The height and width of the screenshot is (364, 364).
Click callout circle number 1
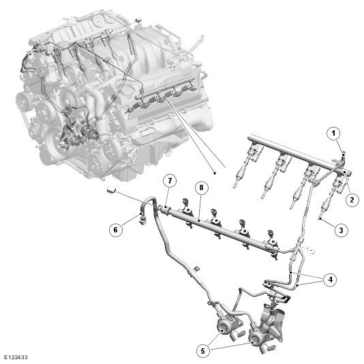click(333, 134)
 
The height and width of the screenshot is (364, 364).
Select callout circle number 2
click(352, 200)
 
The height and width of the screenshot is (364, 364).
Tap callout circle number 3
click(341, 230)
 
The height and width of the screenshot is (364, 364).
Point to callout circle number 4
click(331, 279)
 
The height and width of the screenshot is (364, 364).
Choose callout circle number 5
click(203, 351)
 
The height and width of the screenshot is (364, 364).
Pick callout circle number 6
click(116, 230)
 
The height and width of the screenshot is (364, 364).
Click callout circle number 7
click(170, 181)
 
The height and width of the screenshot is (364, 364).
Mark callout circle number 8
click(201, 187)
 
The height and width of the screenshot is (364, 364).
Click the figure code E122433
click(16, 357)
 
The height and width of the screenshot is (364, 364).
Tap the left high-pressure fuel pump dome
click(224, 327)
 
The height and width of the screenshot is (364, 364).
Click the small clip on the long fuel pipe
click(196, 268)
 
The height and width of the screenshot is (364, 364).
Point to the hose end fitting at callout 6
click(142, 219)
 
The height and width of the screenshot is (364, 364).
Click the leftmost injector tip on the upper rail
click(234, 185)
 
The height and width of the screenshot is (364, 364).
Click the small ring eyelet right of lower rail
click(312, 251)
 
